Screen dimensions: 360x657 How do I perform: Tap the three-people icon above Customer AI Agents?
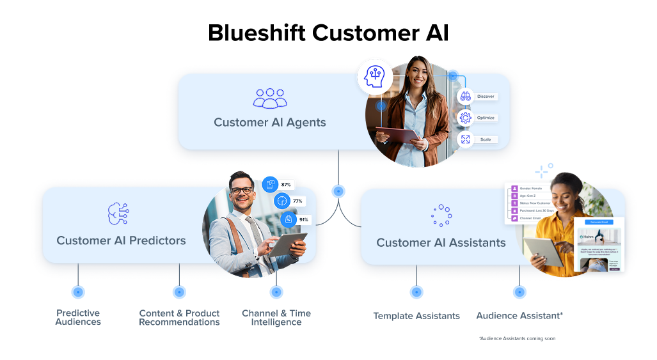pos(270,98)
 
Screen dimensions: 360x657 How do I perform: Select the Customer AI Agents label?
pos(269,122)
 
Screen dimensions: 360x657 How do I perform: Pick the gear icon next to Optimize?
pos(465,118)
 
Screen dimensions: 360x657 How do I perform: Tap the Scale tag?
pos(485,139)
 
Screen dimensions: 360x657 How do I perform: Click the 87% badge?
pos(285,185)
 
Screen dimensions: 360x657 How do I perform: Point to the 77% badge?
pos(297,201)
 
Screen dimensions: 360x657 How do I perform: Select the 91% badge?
pos(303,219)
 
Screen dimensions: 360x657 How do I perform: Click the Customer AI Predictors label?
pos(121,240)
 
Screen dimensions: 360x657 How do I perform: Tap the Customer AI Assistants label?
pos(441,242)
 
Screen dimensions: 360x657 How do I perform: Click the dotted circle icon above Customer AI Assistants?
pos(441,215)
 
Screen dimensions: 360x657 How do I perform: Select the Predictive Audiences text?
pos(78,318)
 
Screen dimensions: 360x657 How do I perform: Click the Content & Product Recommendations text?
pos(179,318)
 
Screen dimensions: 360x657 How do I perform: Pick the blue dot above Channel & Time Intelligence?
pos(276,292)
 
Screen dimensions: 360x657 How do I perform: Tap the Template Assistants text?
pos(416,316)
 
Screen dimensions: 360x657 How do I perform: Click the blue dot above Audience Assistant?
pos(519,292)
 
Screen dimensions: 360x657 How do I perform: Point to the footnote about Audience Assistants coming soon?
pos(517,338)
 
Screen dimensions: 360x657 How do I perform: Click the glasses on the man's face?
pos(241,190)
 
